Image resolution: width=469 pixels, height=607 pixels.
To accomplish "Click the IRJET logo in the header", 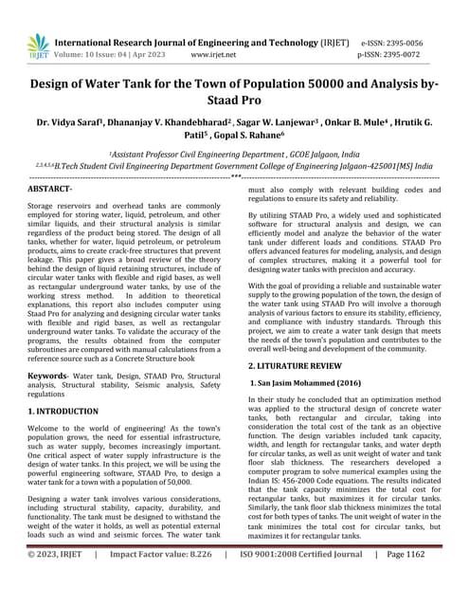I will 38,46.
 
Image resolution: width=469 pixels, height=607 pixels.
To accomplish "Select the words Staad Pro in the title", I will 234,100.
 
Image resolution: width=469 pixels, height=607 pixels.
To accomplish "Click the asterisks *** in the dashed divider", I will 235,177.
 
